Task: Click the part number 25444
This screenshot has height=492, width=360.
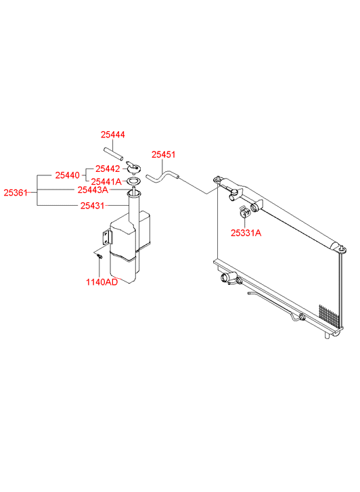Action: click(113, 135)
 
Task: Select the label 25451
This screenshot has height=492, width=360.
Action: click(164, 154)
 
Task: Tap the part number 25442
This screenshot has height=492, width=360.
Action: click(108, 169)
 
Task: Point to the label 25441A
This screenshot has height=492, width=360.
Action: click(106, 181)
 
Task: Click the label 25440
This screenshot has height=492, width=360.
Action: click(68, 175)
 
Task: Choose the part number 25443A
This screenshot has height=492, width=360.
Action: click(93, 190)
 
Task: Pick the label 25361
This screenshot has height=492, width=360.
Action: click(16, 192)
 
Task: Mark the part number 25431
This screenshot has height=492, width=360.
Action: click(92, 206)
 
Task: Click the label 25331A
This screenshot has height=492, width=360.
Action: click(246, 233)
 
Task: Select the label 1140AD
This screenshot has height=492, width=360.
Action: click(102, 282)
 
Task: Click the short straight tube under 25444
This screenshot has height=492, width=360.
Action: click(113, 154)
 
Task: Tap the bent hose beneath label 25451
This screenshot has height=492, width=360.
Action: click(162, 177)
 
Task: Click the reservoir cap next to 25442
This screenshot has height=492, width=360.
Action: click(133, 167)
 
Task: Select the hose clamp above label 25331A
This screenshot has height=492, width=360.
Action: click(244, 211)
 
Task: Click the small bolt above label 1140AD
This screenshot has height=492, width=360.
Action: click(99, 256)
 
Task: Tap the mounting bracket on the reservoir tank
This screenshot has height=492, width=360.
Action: click(107, 237)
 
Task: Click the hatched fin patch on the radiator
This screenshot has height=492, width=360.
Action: click(330, 316)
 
